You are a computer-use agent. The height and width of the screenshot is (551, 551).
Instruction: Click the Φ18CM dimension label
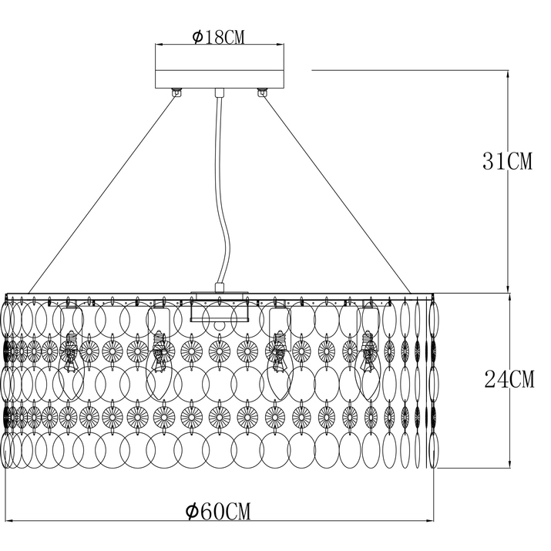coord(219,37)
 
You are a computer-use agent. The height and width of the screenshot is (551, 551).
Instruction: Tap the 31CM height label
coord(507,161)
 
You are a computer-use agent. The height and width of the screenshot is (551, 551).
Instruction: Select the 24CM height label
coord(509,379)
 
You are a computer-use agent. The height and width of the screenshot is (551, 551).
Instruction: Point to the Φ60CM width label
coord(219,511)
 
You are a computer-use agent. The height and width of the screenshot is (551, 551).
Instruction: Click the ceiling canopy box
coord(220,66)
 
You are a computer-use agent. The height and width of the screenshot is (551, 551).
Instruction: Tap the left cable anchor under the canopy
coord(176,92)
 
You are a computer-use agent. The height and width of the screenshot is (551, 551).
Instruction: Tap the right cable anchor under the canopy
coord(262,92)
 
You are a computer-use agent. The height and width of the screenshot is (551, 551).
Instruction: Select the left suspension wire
coord(102,195)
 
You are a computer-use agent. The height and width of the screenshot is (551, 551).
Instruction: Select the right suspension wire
coord(337,195)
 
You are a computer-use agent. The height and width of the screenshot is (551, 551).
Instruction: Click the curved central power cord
coord(220,190)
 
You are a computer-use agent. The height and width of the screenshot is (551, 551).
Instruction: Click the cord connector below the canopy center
coord(220,93)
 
